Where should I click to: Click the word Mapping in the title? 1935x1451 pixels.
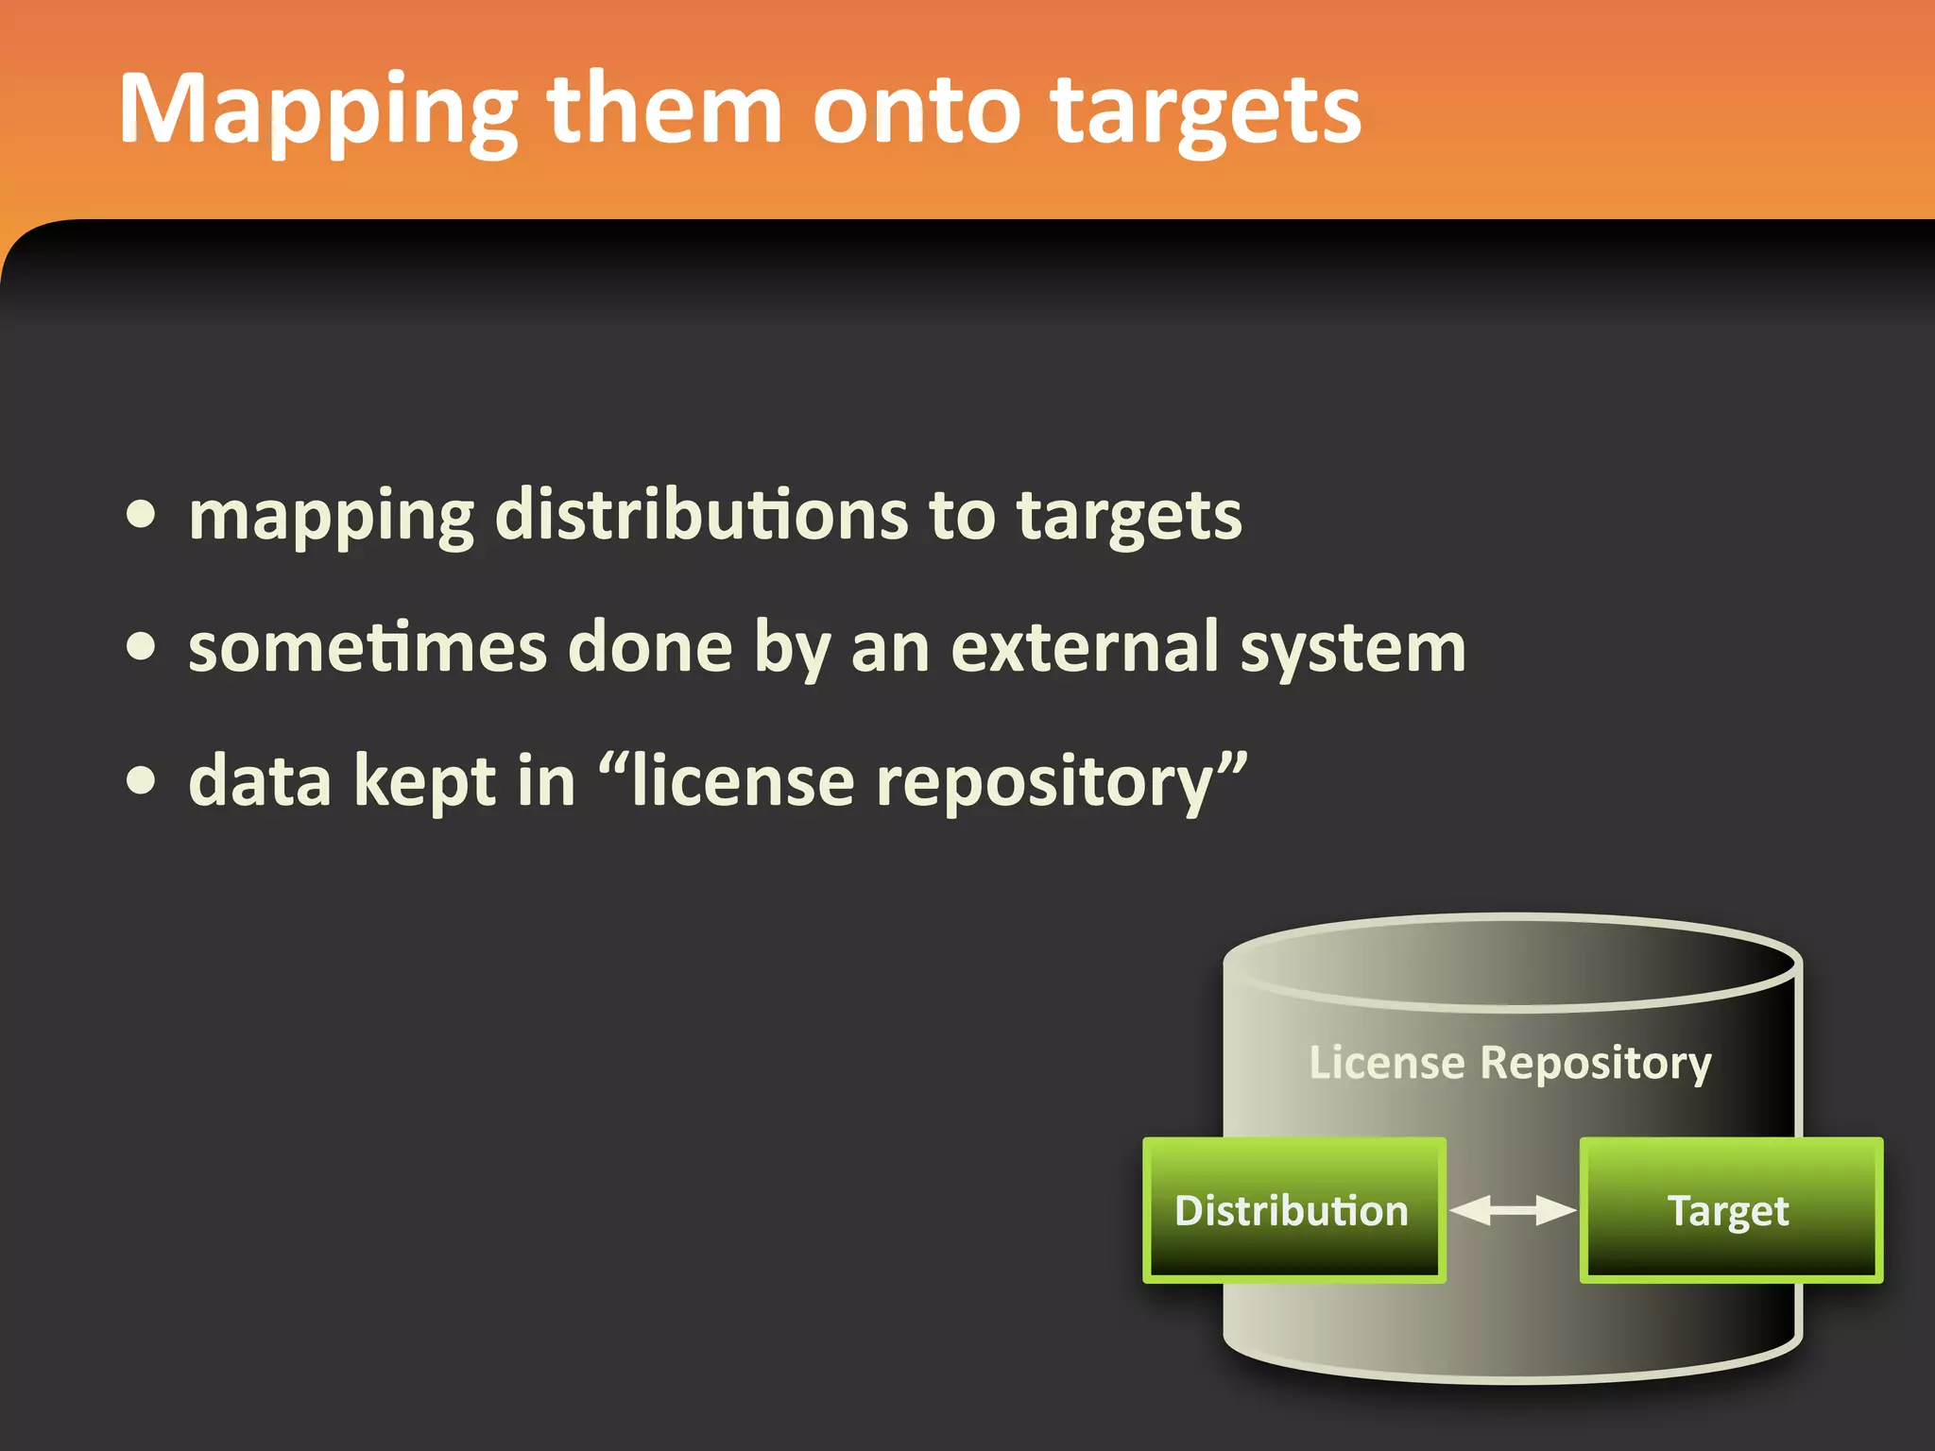pyautogui.click(x=317, y=111)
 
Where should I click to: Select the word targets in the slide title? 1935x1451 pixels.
pyautogui.click(x=1206, y=111)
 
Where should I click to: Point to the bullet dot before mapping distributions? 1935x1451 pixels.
pyautogui.click(x=142, y=515)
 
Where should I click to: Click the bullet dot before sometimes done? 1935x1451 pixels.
pyautogui.click(x=142, y=647)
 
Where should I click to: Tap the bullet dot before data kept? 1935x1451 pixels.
pyautogui.click(x=142, y=780)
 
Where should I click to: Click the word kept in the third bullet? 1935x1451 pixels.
pyautogui.click(x=424, y=782)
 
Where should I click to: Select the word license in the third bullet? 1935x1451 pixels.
pyautogui.click(x=743, y=782)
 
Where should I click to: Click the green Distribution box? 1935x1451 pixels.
pyautogui.click(x=1293, y=1210)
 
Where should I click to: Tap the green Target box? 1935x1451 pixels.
pyautogui.click(x=1730, y=1210)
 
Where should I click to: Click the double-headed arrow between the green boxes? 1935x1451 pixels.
pyautogui.click(x=1513, y=1210)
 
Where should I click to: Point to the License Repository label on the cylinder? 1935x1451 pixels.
pyautogui.click(x=1510, y=1063)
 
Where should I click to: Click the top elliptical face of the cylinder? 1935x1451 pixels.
pyautogui.click(x=1512, y=962)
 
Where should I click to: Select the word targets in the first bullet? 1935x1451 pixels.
pyautogui.click(x=1129, y=518)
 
